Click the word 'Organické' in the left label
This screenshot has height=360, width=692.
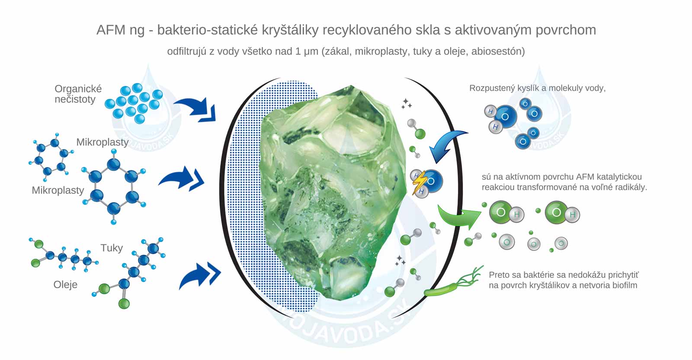click(x=78, y=89)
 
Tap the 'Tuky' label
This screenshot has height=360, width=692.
click(x=112, y=248)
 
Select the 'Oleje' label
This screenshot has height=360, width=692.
click(x=65, y=285)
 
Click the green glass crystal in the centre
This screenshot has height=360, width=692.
click(x=333, y=190)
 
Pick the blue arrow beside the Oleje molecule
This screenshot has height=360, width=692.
click(x=199, y=275)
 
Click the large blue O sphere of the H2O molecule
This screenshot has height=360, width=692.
click(x=505, y=116)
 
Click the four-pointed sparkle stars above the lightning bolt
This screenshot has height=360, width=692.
click(x=406, y=104)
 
